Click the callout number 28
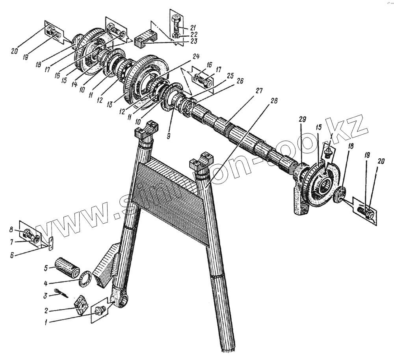tap(274, 101)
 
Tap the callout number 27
tap(258, 91)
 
